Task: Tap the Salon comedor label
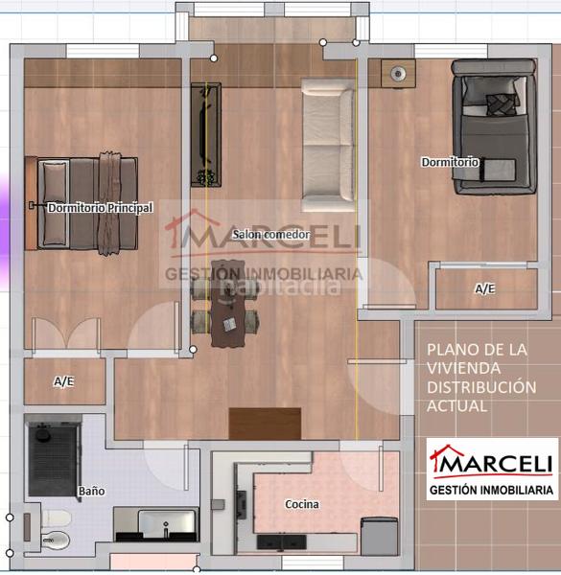tap(270, 234)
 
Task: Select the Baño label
tap(91, 491)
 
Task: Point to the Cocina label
tap(302, 504)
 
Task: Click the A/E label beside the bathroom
tap(63, 381)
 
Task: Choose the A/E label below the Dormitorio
tap(485, 288)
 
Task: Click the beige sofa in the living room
tap(328, 144)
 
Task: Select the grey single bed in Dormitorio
tap(493, 126)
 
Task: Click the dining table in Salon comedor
tap(228, 302)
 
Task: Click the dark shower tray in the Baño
tap(52, 462)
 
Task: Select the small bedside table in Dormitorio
tap(396, 72)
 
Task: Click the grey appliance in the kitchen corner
tap(379, 535)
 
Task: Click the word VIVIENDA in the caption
tap(465, 368)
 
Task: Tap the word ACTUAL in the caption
tap(457, 406)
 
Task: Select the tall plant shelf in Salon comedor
tap(205, 134)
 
